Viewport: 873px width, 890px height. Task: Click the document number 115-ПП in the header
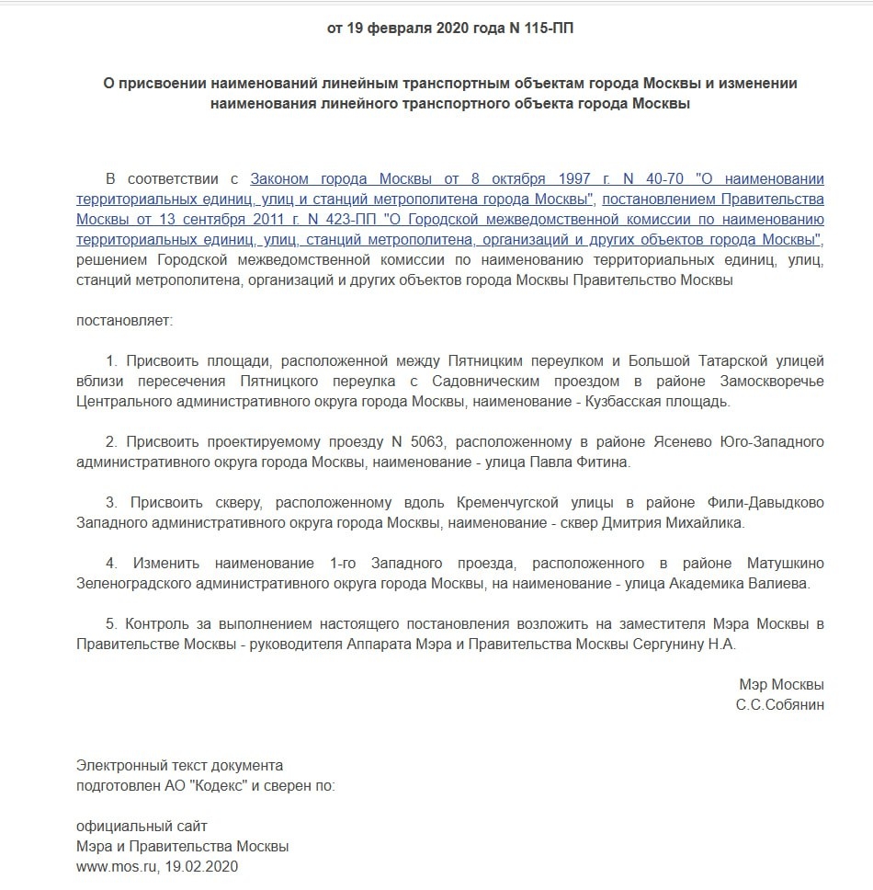pos(550,28)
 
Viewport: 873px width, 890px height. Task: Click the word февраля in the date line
pos(400,28)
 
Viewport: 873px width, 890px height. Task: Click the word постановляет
pos(124,322)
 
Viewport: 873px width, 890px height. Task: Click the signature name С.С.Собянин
pos(779,705)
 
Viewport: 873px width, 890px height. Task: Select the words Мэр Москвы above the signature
pos(781,685)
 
